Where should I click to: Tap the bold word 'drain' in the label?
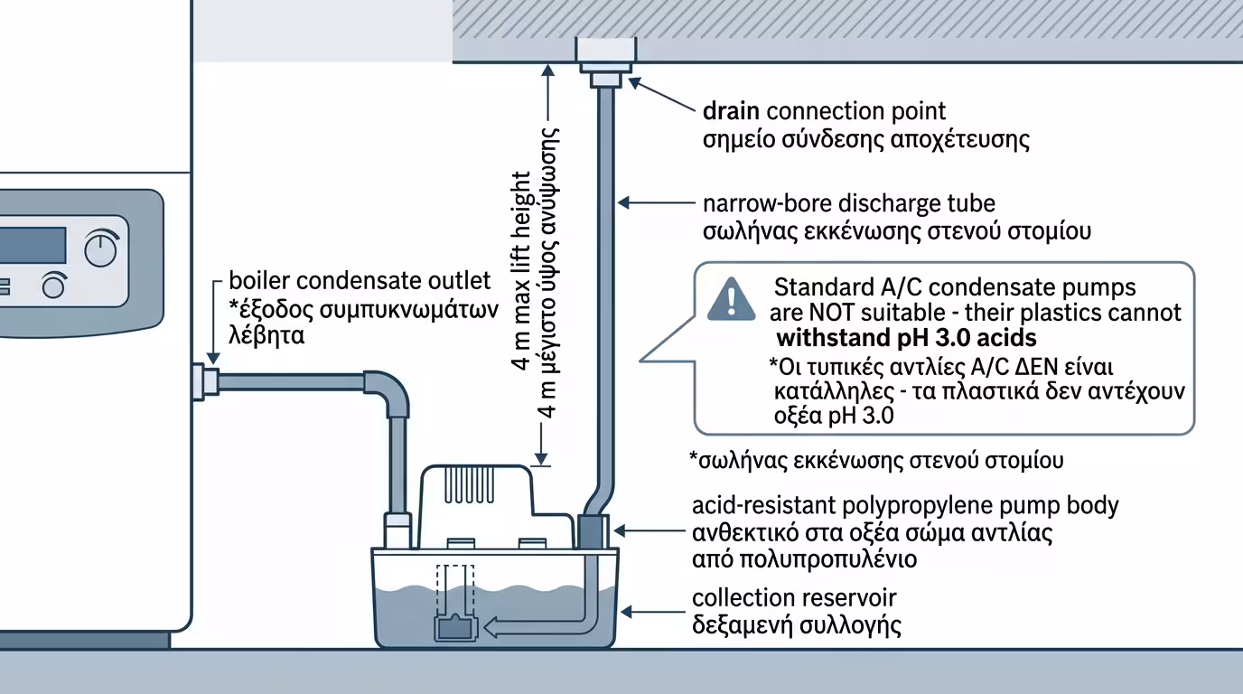[x=732, y=111]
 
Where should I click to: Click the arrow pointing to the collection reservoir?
[x=650, y=612]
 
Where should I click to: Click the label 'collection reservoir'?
[x=794, y=597]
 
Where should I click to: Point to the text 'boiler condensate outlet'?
[x=360, y=280]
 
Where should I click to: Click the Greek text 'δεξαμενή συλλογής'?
[x=797, y=625]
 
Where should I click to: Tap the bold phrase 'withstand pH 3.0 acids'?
[x=906, y=339]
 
